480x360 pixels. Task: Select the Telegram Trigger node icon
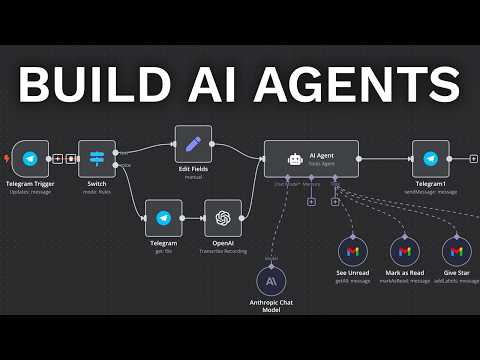[x=31, y=158]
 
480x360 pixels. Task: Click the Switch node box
[x=97, y=158]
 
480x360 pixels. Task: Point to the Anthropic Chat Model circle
[x=271, y=283]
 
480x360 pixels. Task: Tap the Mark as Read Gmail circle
[x=404, y=250]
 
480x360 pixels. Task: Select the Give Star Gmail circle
[x=456, y=250]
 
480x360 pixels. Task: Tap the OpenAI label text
[x=223, y=243]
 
